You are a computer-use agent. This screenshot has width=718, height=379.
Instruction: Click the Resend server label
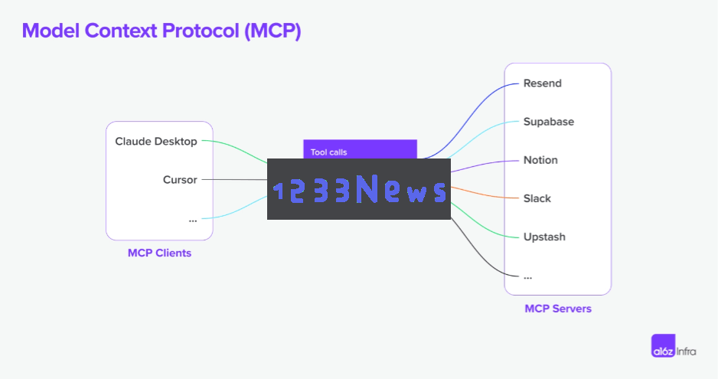point(542,83)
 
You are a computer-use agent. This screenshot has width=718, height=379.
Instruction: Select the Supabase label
point(549,122)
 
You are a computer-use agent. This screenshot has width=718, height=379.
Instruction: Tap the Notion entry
point(540,160)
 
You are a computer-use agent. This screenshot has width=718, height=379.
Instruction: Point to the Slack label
point(537,198)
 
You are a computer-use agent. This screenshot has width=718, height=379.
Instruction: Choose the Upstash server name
point(544,237)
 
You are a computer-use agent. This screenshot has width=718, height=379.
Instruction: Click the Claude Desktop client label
point(155,141)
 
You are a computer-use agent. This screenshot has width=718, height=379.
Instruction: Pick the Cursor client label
point(180,180)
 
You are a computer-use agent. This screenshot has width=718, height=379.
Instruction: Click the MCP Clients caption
point(159,253)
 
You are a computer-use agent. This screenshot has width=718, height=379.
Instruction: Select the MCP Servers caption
point(558,309)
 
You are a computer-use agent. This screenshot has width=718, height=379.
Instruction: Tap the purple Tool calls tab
point(360,149)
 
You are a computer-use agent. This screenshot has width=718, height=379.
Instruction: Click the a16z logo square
point(663,345)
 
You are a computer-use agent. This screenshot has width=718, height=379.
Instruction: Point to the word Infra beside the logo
point(687,351)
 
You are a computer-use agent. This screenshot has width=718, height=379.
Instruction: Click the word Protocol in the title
point(201,31)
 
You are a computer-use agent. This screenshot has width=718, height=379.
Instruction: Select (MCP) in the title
point(273,31)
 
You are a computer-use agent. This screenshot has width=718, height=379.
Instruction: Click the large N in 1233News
point(367,188)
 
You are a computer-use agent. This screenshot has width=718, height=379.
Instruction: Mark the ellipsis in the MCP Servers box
point(528,277)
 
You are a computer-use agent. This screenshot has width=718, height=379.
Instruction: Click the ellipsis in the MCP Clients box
point(193,221)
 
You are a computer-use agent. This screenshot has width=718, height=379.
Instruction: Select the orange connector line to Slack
point(485,194)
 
